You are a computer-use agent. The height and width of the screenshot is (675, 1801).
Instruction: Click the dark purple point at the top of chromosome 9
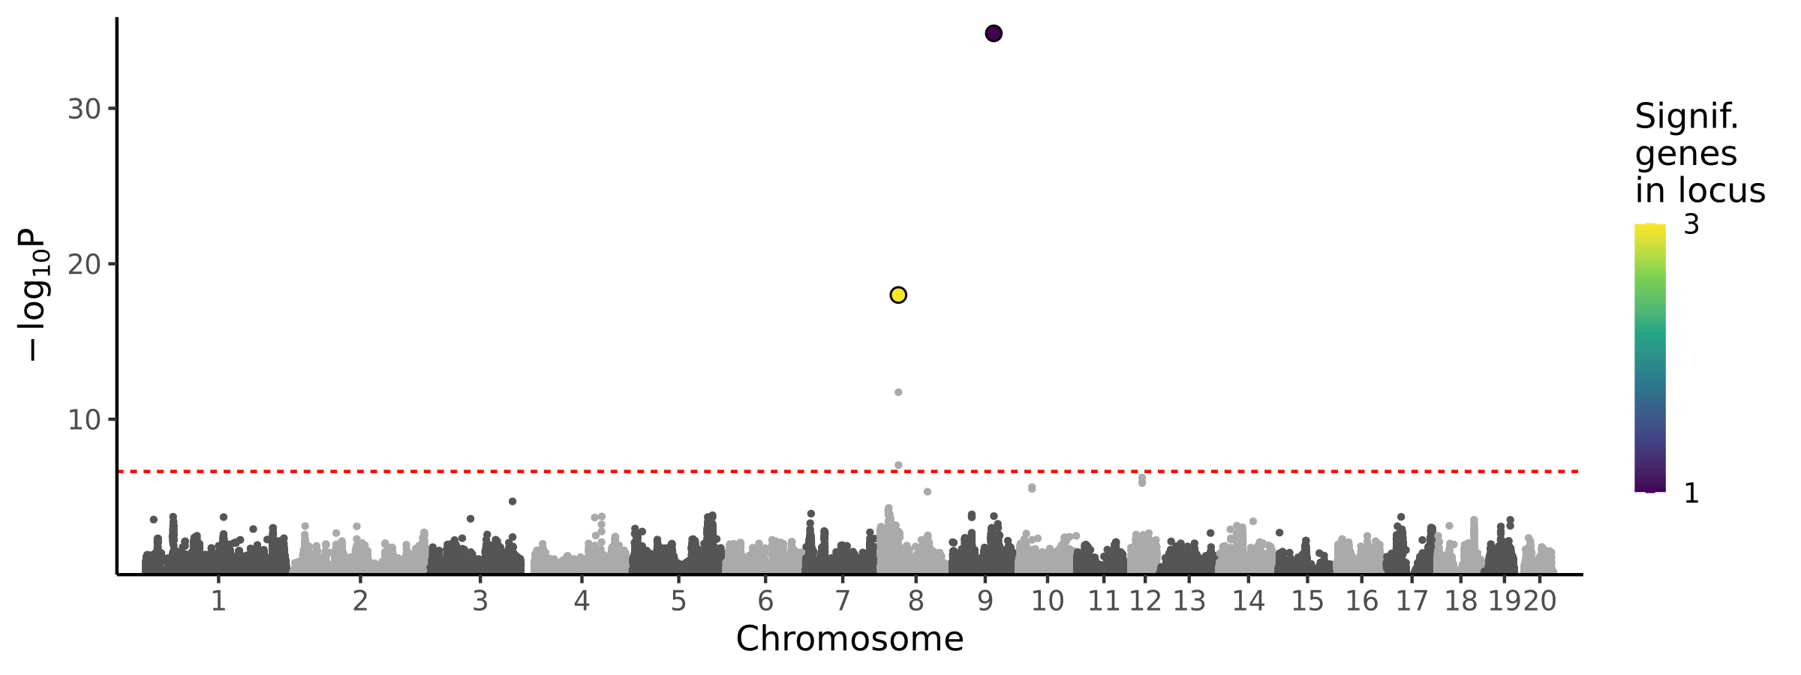pyautogui.click(x=994, y=33)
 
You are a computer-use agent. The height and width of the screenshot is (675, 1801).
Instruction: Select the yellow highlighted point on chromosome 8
pyautogui.click(x=898, y=295)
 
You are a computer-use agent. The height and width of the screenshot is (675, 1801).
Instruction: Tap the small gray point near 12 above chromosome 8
pyautogui.click(x=898, y=392)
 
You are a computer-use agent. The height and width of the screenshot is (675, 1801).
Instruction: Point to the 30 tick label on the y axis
pyautogui.click(x=84, y=109)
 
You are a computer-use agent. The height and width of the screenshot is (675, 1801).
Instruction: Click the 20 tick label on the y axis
pyautogui.click(x=84, y=265)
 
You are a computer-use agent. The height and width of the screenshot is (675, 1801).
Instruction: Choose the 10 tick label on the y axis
pyautogui.click(x=84, y=420)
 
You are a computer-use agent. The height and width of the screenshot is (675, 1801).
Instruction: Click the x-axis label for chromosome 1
pyautogui.click(x=218, y=601)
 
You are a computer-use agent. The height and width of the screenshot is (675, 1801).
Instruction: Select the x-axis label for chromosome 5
pyautogui.click(x=678, y=601)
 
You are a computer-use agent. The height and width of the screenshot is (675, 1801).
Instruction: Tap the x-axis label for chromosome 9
pyautogui.click(x=985, y=601)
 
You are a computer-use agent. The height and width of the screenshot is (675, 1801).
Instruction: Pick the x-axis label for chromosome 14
pyautogui.click(x=1249, y=601)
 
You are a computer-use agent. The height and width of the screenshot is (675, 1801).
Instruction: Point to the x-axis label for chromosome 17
pyautogui.click(x=1412, y=601)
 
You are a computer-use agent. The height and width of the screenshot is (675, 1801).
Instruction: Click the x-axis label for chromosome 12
pyautogui.click(x=1146, y=601)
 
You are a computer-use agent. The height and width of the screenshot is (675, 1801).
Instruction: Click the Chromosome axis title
pyautogui.click(x=849, y=639)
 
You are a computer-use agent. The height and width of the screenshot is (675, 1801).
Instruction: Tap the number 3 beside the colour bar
pyautogui.click(x=1691, y=224)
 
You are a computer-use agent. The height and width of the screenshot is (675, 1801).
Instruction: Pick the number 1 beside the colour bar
pyautogui.click(x=1691, y=493)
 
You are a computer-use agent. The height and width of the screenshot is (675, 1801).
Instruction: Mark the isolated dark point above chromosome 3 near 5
pyautogui.click(x=513, y=501)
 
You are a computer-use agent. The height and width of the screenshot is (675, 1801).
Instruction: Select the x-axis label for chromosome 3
pyautogui.click(x=480, y=601)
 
